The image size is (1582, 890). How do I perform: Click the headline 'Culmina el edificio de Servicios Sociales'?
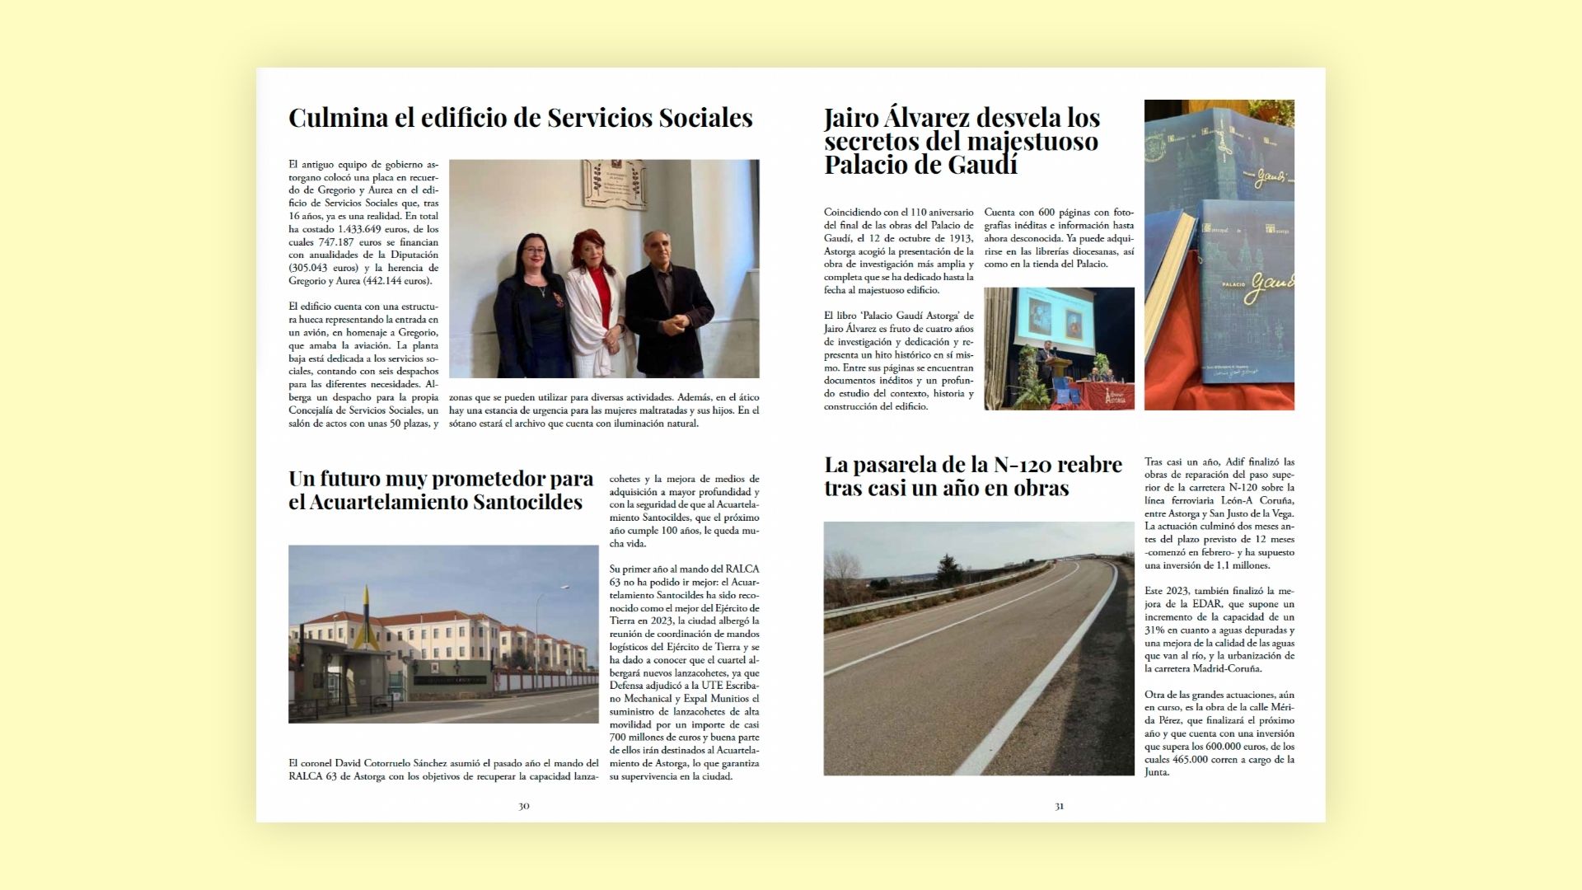[520, 118]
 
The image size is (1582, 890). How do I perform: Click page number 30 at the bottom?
[523, 806]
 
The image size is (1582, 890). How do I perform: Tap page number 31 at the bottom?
[1059, 806]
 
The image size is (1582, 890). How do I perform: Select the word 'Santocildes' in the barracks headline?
[515, 502]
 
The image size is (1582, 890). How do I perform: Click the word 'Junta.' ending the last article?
[1157, 772]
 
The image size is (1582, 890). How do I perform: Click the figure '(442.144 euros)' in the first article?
[396, 281]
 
